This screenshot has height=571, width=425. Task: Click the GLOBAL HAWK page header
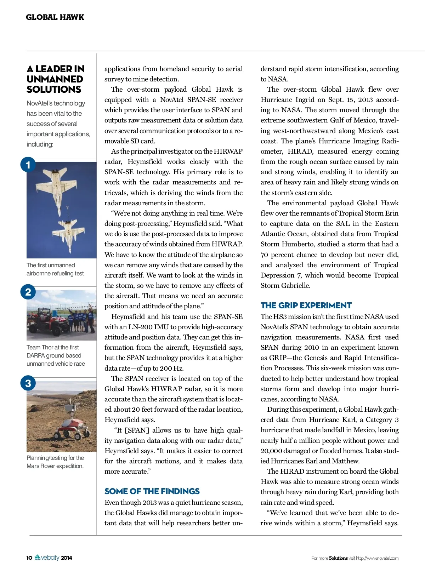click(x=55, y=17)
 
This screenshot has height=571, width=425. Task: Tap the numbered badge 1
click(x=28, y=165)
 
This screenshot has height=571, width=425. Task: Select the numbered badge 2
click(x=28, y=292)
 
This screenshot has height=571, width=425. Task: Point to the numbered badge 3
click(x=28, y=383)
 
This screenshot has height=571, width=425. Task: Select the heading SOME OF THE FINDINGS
click(x=152, y=491)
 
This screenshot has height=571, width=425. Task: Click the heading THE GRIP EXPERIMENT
click(x=306, y=306)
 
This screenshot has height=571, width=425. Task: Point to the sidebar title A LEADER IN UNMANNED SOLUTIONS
click(x=55, y=79)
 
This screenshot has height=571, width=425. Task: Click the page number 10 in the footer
click(x=29, y=558)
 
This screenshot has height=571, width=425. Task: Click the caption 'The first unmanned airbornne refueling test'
click(x=55, y=269)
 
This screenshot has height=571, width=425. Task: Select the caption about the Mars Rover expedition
click(x=55, y=462)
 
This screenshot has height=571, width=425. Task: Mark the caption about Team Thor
click(x=56, y=355)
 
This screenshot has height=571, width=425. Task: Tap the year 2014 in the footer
click(x=66, y=558)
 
